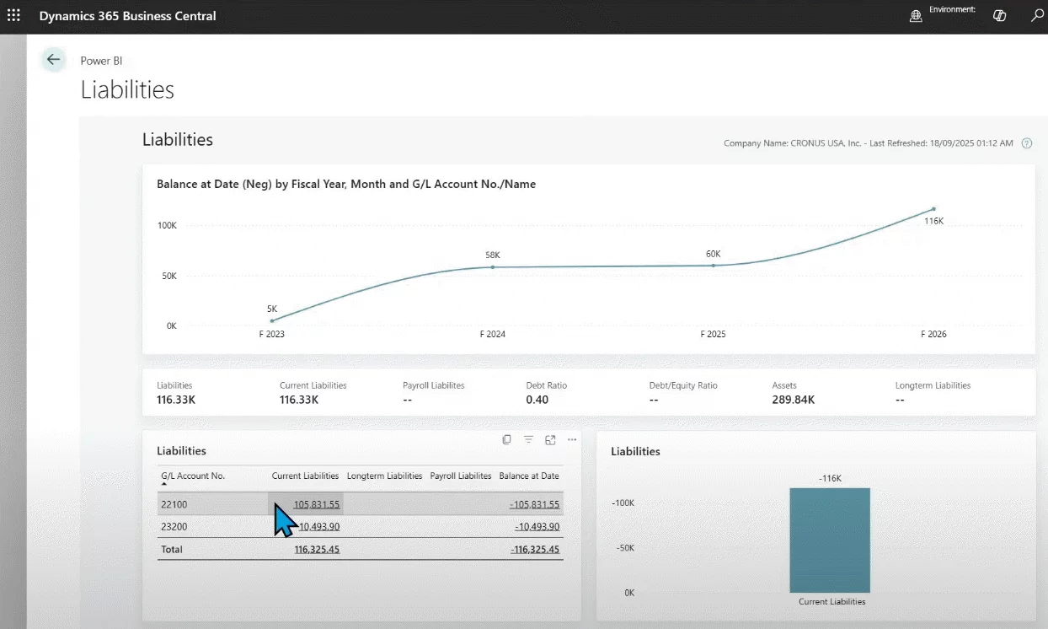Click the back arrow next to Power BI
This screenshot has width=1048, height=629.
[x=54, y=59]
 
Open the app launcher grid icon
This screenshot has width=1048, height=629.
[x=13, y=16]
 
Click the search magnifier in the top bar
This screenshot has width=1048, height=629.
[x=1037, y=16]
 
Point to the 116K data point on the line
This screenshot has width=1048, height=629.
[x=933, y=209]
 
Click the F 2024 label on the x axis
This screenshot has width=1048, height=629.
[x=492, y=334]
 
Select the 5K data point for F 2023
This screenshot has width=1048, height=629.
[x=272, y=320]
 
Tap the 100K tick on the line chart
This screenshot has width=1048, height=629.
[x=166, y=226]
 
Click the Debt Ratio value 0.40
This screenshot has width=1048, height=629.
[x=537, y=400]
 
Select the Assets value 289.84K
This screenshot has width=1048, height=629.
[x=793, y=400]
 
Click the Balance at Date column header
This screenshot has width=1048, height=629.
[x=528, y=476]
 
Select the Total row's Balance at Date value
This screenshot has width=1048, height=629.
[x=535, y=549]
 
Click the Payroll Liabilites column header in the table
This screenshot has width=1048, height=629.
[x=460, y=476]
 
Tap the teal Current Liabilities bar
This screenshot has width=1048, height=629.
[x=829, y=540]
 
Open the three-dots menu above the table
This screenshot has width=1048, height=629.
[x=572, y=439]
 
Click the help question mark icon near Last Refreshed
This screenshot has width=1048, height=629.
[x=1026, y=143]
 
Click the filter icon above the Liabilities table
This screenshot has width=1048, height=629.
[x=528, y=439]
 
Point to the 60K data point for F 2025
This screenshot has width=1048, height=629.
[x=713, y=266]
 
